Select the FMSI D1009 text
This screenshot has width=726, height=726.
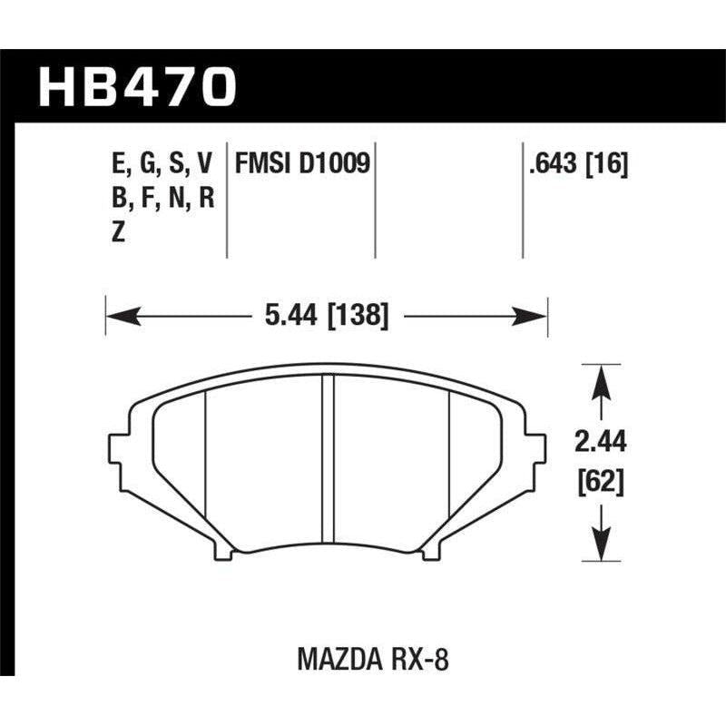301,164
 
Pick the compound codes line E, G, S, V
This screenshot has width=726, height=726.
160,164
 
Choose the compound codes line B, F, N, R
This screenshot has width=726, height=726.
160,198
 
